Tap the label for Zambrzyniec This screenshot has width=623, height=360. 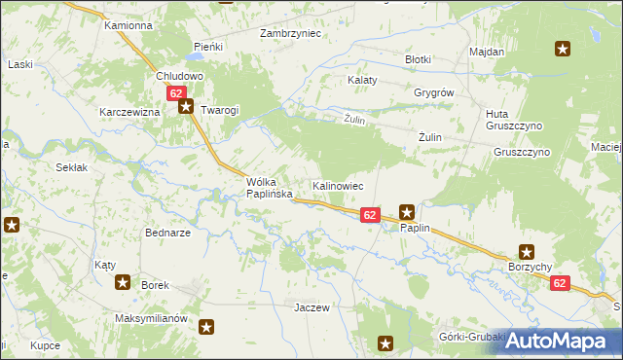click(290, 33)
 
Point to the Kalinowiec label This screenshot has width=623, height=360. click(338, 185)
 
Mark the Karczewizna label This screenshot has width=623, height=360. click(128, 112)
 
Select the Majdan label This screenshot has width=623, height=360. click(486, 51)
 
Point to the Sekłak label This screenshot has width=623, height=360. click(72, 167)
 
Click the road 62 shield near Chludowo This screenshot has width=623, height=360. click(176, 93)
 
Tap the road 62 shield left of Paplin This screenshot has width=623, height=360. click(370, 214)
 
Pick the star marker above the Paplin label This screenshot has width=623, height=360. click(408, 210)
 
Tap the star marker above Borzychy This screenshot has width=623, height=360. click(527, 251)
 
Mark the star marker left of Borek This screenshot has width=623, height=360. click(123, 283)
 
